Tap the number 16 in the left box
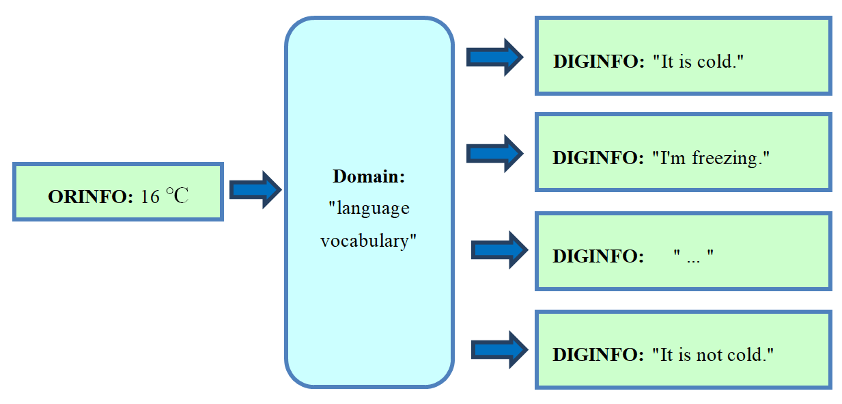pos(150,197)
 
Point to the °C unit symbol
pos(177,196)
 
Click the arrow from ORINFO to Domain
pos(255,189)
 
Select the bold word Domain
pos(369,176)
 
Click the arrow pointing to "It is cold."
pos(494,57)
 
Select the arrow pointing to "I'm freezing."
pos(494,154)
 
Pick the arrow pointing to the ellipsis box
pos(500,250)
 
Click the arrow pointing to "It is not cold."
pos(500,350)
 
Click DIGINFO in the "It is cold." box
pos(599,62)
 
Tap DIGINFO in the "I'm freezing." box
pos(598,158)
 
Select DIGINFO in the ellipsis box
pos(598,256)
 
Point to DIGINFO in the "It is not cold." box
pos(598,355)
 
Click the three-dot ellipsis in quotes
pos(694,258)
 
